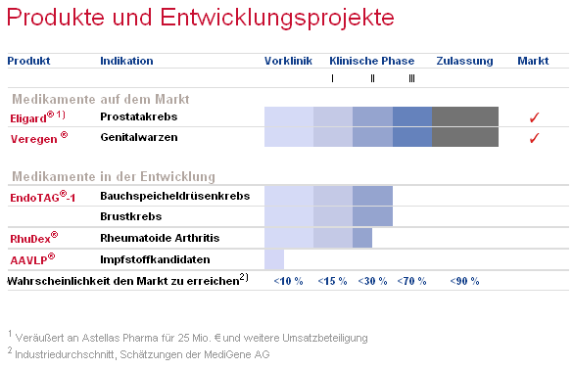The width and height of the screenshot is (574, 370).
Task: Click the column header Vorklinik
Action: click(x=288, y=61)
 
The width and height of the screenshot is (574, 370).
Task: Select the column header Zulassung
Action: click(x=464, y=61)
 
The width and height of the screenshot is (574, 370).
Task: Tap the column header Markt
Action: click(x=533, y=61)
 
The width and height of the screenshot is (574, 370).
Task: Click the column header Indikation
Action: click(x=126, y=61)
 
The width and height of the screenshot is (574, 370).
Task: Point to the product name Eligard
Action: click(x=30, y=118)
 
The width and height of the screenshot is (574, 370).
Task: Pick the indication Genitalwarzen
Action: click(x=139, y=137)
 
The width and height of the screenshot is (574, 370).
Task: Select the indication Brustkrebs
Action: click(x=130, y=216)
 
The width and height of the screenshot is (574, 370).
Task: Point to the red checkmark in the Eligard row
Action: click(x=534, y=118)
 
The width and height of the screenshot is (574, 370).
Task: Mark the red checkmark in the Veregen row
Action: click(x=534, y=138)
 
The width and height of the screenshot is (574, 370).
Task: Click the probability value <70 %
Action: click(x=411, y=281)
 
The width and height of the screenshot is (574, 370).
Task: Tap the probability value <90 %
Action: click(x=464, y=281)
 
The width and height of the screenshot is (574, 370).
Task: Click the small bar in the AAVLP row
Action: click(x=274, y=259)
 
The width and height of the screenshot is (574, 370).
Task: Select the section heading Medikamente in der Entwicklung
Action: click(x=112, y=176)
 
